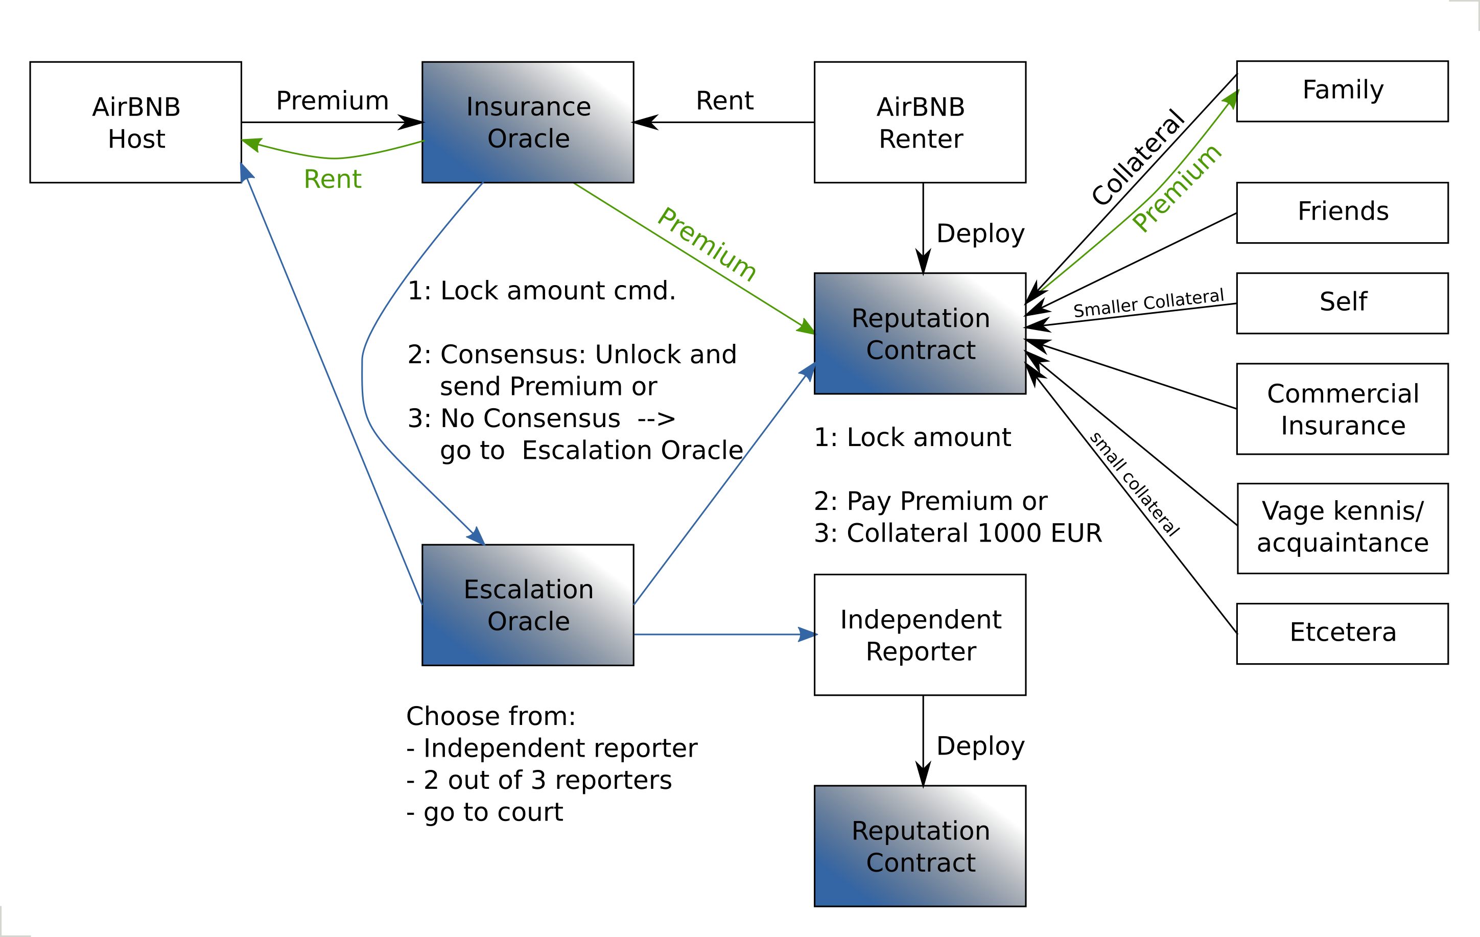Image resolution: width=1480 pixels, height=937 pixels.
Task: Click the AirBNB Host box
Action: [135, 122]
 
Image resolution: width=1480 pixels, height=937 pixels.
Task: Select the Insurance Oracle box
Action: [527, 122]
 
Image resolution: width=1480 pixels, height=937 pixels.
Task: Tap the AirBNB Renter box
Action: [920, 122]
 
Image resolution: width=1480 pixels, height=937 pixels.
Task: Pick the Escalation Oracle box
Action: [527, 604]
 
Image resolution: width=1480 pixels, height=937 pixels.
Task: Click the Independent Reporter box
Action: [920, 635]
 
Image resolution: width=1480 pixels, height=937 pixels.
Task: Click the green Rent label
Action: [333, 179]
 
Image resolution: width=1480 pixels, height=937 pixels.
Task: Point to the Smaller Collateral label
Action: [1148, 303]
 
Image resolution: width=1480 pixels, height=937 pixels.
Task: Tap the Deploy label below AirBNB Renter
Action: [980, 233]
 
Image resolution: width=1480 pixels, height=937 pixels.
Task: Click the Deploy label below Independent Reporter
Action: [980, 746]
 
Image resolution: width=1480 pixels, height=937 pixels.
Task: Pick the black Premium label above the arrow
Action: [332, 100]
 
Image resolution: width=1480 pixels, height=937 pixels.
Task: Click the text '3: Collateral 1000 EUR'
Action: [957, 533]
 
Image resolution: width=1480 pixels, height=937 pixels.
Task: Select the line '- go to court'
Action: [484, 812]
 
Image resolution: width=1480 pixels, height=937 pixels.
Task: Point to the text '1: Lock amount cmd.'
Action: [541, 290]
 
